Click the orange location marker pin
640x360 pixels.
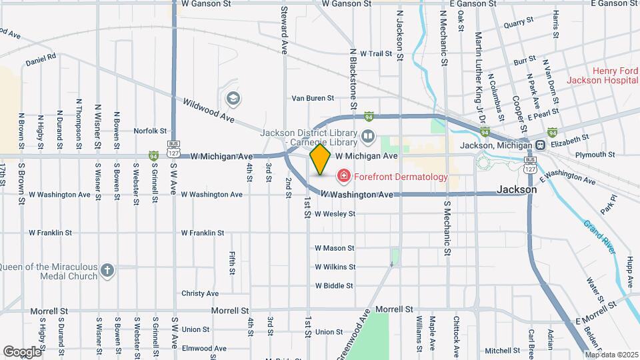321,159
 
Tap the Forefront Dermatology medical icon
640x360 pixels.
344,177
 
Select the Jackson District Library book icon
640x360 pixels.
368,137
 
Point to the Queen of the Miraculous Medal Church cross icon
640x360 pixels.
108,271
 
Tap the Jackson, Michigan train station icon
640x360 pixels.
541,145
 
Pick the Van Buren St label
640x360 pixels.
313,98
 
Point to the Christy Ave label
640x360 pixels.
200,293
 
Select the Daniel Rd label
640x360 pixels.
41,60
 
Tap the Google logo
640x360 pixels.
21,351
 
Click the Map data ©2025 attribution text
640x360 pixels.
612,354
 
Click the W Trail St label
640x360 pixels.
374,53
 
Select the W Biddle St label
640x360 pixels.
334,285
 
